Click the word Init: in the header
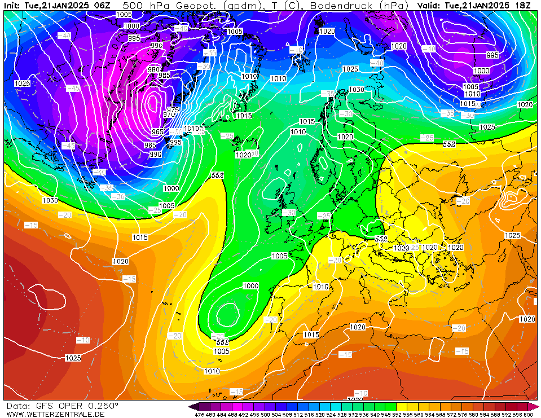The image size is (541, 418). point(13,5)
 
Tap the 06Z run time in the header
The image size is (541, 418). point(102,5)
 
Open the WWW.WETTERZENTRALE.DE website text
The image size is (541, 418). point(55,414)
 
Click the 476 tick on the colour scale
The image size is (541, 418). point(199,415)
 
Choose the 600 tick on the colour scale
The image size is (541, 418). point(528,415)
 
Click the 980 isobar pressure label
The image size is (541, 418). point(153,69)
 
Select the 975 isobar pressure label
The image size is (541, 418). point(173,109)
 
